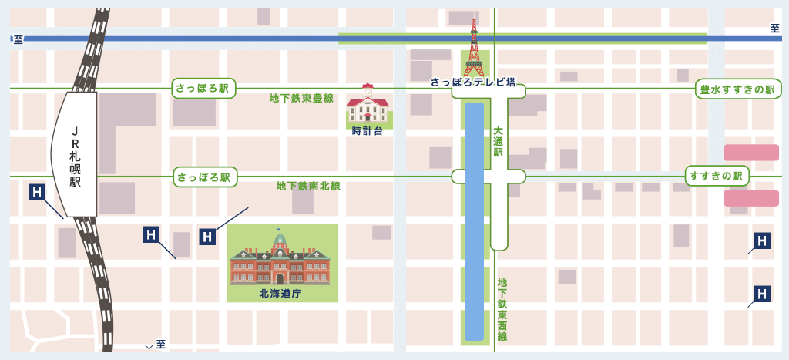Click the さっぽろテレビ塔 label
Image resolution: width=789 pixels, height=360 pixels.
472,81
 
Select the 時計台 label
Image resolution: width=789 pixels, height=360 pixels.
367,131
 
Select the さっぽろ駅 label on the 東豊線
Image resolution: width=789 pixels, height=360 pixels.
203,89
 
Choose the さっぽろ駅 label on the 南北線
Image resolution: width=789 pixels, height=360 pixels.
204,177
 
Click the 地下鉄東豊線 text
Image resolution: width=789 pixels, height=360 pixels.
301,98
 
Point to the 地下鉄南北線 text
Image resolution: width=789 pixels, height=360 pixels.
308,186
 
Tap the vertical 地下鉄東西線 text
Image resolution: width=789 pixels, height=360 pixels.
502,309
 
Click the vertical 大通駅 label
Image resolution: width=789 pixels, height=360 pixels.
498,142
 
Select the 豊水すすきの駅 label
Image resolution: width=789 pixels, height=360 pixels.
736,89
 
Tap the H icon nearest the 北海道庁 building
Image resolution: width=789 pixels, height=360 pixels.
207,237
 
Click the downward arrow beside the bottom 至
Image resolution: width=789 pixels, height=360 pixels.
149,344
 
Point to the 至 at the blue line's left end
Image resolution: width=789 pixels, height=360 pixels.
18,39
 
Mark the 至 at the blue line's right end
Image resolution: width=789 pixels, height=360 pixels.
774,29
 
